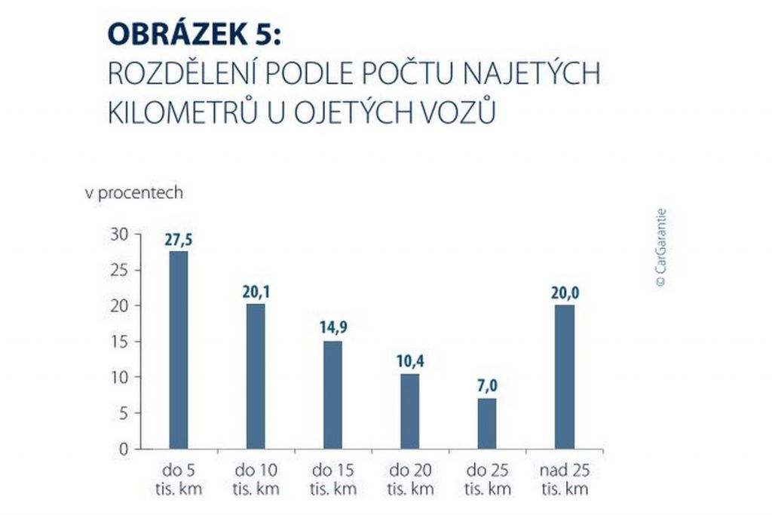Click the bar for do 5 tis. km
[x=178, y=350]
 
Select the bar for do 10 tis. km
[x=256, y=376]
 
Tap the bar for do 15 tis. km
[x=332, y=395]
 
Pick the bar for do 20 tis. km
[x=409, y=411]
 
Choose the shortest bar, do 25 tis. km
[x=487, y=423]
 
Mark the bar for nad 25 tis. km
[x=564, y=376]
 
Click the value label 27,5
[x=178, y=241]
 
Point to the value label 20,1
[x=256, y=293]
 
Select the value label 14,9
[x=332, y=330]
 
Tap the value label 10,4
[x=409, y=362]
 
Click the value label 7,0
[x=487, y=387]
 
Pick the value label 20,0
[x=564, y=293]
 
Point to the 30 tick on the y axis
[x=119, y=235]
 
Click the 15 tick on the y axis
[x=119, y=342]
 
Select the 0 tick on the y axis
[x=124, y=449]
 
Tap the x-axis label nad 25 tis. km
[x=564, y=480]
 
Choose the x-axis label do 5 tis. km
[x=178, y=480]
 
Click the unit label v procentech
[x=133, y=193]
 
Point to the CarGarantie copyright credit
[x=660, y=247]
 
